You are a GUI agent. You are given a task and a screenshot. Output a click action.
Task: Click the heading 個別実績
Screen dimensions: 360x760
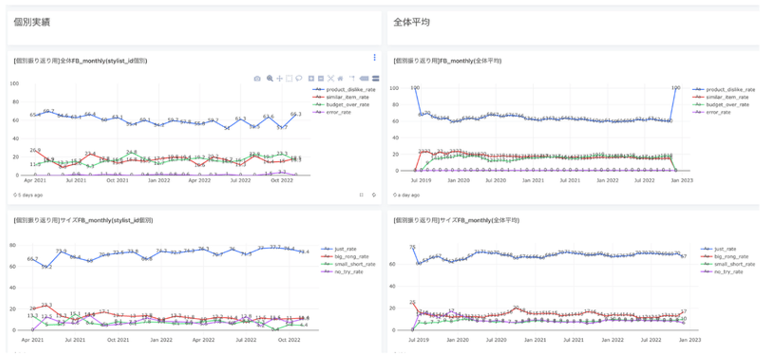(x=32, y=23)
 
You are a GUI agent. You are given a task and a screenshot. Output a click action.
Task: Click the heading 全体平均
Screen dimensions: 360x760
(x=411, y=23)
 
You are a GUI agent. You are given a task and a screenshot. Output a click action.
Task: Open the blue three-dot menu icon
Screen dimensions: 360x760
(x=374, y=57)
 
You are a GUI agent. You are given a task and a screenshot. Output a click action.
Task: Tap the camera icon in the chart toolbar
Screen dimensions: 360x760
(x=257, y=79)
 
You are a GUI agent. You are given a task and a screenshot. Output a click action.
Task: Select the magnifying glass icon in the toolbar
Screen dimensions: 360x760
(x=270, y=79)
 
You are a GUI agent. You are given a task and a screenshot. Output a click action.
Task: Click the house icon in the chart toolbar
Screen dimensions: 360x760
(x=340, y=79)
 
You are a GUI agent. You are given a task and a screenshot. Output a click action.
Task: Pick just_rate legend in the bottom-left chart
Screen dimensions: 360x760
(x=346, y=249)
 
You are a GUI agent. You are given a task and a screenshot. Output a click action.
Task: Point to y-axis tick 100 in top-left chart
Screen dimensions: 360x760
(x=15, y=84)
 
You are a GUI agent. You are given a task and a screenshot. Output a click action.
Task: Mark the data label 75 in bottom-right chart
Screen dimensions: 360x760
(x=412, y=247)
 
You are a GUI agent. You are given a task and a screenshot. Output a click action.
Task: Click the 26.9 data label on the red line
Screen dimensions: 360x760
(x=35, y=150)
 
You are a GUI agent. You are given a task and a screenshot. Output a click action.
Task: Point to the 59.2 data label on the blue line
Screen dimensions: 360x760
(x=47, y=268)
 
